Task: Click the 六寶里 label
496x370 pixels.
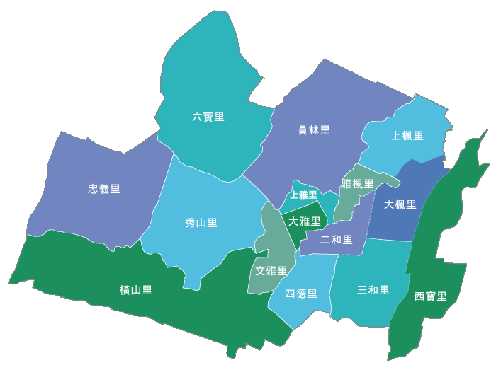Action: point(208,117)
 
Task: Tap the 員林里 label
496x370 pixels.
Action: point(314,130)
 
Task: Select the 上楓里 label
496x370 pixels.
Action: point(407,136)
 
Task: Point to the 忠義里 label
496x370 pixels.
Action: point(104,189)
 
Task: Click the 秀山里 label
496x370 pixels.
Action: point(201,223)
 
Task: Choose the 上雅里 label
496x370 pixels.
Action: point(304,195)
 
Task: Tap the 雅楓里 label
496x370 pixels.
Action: point(358,185)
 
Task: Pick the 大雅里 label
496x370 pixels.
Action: point(305,221)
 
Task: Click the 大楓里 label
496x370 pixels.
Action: point(400,204)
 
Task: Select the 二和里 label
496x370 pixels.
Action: point(337,240)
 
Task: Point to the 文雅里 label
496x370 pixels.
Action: point(271,271)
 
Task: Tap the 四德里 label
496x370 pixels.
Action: point(301,294)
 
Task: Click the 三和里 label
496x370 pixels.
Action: point(373,290)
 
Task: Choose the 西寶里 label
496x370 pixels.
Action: point(431,296)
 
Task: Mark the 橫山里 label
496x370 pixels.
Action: point(136,290)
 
